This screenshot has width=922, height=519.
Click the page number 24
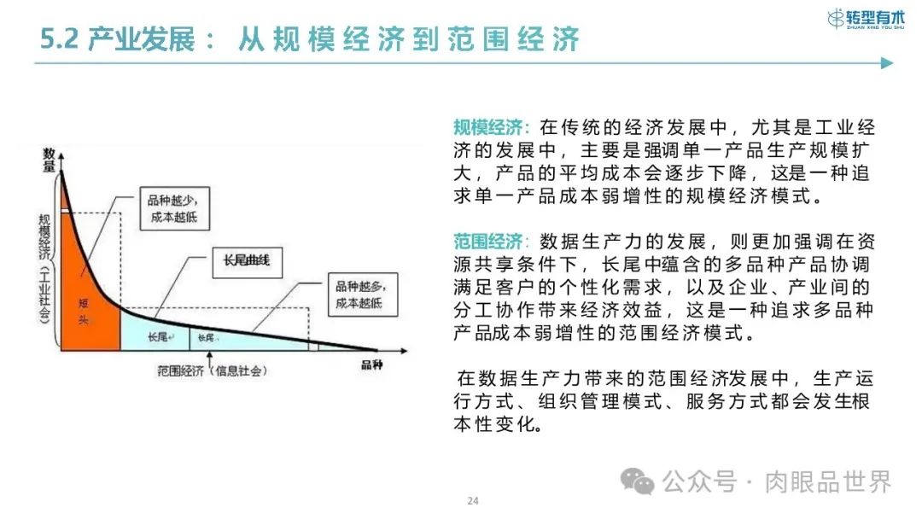tap(472, 500)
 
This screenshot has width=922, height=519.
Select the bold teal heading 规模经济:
tap(492, 128)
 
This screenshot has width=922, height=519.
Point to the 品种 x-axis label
tap(372, 365)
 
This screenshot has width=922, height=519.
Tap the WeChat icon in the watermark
tap(638, 481)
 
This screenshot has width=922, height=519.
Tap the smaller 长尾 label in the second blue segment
tap(207, 338)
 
